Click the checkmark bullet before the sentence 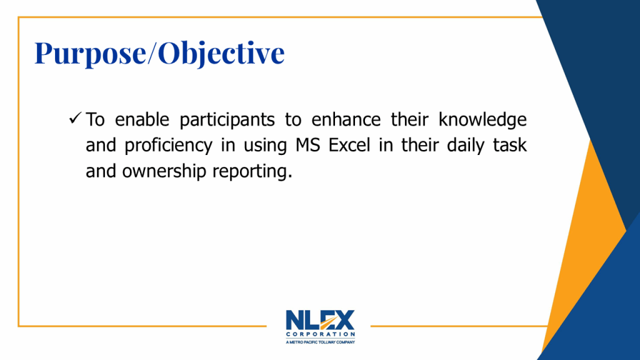click(76, 118)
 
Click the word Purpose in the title click(90, 53)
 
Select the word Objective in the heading click(221, 53)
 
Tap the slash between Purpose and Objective click(152, 52)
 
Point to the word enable click(142, 119)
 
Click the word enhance click(346, 119)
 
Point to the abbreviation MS click(308, 145)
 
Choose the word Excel click(349, 145)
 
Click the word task click(510, 145)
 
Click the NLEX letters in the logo click(321, 320)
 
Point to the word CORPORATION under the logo click(321, 334)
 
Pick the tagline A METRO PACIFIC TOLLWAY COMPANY click(321, 342)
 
